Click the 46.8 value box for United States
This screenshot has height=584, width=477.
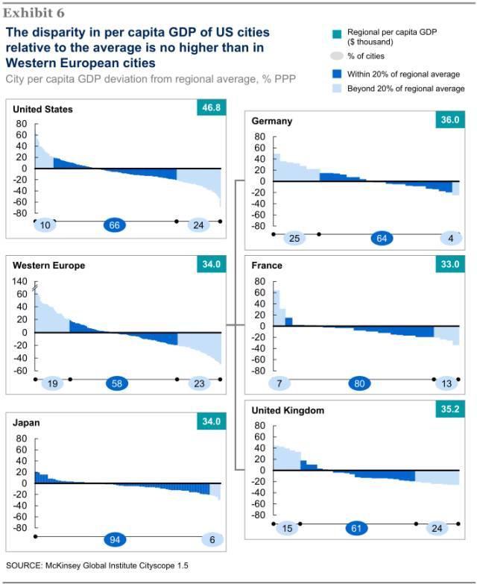[x=210, y=108]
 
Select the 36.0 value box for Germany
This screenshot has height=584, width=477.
[x=449, y=120]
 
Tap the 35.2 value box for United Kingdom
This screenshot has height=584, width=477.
[x=449, y=409]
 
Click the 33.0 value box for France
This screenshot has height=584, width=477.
[x=449, y=265]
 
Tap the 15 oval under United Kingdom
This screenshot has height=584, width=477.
[x=285, y=528]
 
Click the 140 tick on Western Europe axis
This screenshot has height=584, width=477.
[x=20, y=282]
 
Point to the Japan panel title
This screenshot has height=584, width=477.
[x=28, y=422]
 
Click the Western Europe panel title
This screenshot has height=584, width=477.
[x=48, y=266]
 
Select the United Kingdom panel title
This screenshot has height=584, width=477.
[x=288, y=410]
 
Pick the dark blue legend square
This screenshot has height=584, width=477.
[x=333, y=74]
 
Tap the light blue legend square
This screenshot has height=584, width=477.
[x=333, y=88]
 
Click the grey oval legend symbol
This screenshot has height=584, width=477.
[x=333, y=57]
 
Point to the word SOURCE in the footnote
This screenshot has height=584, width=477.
[x=23, y=565]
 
